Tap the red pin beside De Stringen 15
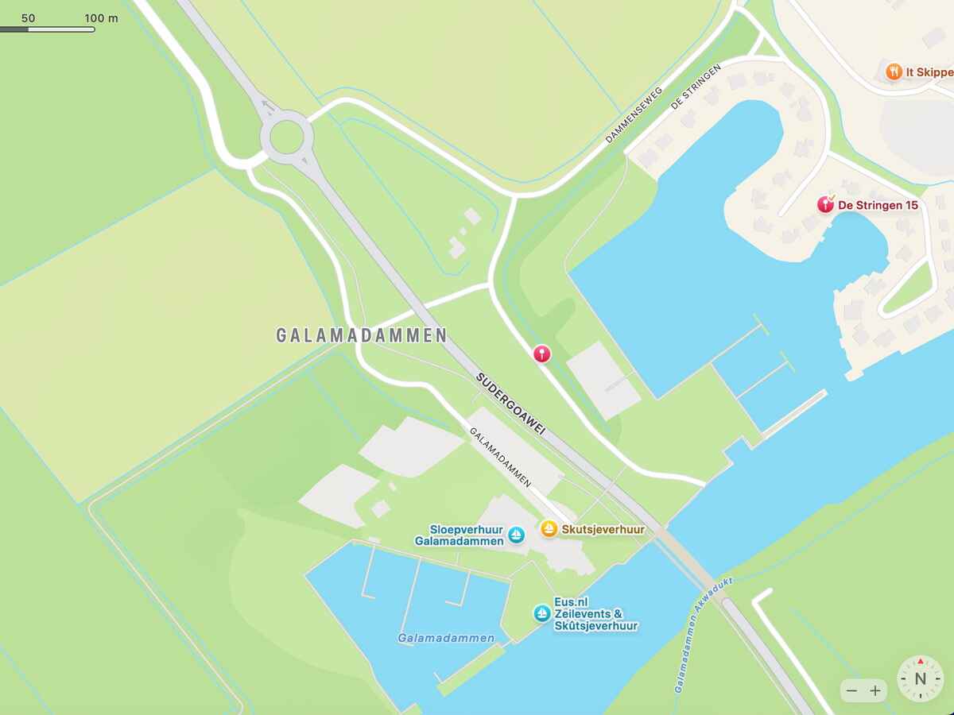(x=826, y=205)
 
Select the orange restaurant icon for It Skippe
(x=894, y=71)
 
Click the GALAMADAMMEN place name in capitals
(x=362, y=335)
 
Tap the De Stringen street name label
(x=696, y=87)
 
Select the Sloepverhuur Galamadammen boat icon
(x=517, y=535)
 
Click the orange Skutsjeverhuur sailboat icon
(x=549, y=528)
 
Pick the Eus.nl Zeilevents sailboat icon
(x=542, y=613)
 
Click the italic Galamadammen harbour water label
(x=446, y=638)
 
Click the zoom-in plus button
(x=875, y=690)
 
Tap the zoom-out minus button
(x=851, y=690)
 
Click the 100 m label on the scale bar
(x=101, y=17)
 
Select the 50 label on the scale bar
(x=29, y=17)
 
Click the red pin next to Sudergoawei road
(x=541, y=353)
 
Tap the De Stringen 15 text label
(x=878, y=205)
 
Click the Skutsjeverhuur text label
(x=603, y=529)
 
